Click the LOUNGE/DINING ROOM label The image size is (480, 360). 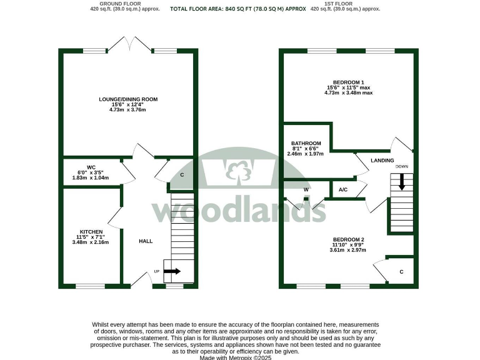127,99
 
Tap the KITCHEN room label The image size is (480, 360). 91,231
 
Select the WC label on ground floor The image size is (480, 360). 91,167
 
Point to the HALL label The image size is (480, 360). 145,241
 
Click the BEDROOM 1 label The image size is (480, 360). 349,82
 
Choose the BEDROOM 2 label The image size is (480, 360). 349,239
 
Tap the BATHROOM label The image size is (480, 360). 306,143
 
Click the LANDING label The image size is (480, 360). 382,161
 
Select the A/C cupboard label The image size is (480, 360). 343,189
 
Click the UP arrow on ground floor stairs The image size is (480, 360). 172,271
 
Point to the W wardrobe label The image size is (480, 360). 306,189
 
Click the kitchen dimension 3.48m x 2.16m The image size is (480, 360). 91,242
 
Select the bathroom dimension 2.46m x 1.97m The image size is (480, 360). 306,154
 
